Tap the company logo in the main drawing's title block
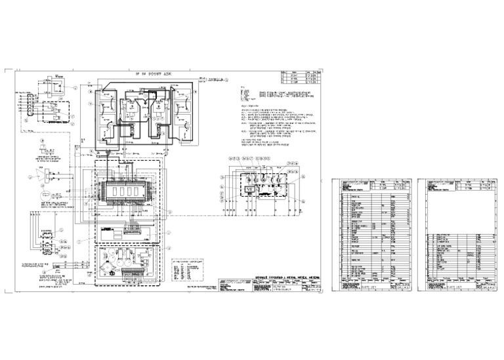click(234, 281)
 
